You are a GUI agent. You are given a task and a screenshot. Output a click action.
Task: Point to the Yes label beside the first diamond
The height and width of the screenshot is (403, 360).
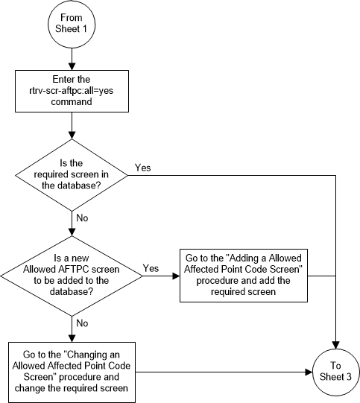[x=142, y=168]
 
